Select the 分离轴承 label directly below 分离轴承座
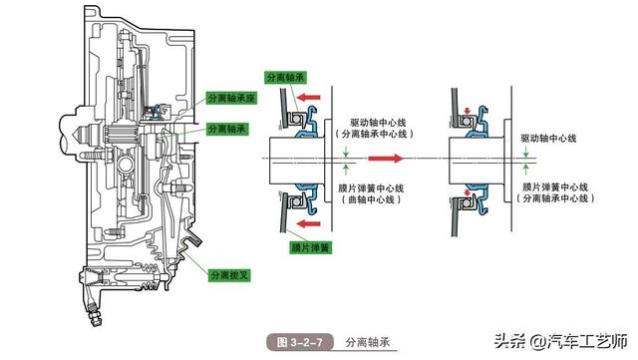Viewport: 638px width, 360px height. point(230,130)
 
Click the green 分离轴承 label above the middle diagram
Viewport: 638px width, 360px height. point(287,77)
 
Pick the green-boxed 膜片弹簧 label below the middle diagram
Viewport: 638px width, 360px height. point(287,244)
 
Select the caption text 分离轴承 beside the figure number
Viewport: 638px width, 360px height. point(367,342)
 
